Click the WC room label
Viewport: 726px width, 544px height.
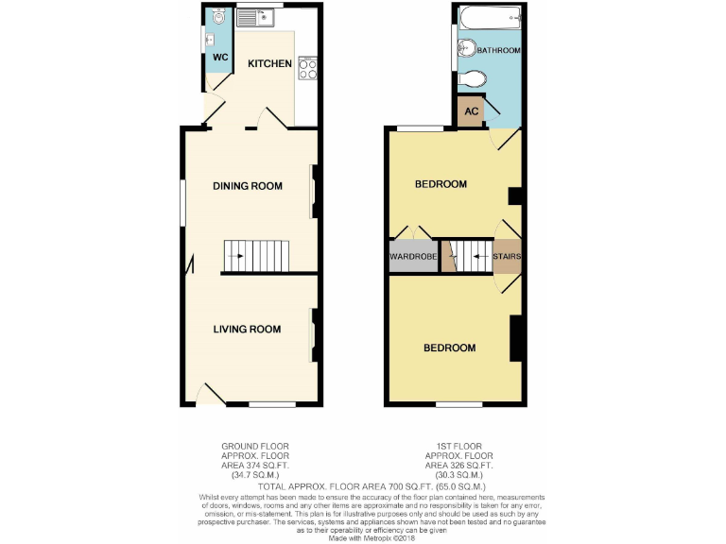tap(219, 58)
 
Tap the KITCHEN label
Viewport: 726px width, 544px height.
tap(269, 64)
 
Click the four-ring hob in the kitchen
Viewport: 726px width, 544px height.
tap(307, 68)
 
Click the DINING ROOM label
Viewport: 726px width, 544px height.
tap(248, 186)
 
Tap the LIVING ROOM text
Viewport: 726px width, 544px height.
tap(247, 330)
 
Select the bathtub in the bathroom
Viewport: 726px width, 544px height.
tap(487, 16)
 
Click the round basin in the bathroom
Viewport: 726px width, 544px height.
tap(466, 50)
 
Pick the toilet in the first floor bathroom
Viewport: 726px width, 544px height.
tap(471, 82)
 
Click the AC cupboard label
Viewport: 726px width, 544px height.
tap(471, 111)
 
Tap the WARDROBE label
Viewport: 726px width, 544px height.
tap(412, 256)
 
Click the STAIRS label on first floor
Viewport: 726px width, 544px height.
tap(507, 256)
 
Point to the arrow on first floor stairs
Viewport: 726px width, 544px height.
tap(479, 256)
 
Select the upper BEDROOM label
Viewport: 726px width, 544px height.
tap(441, 184)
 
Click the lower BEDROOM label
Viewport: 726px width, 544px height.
tap(449, 348)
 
